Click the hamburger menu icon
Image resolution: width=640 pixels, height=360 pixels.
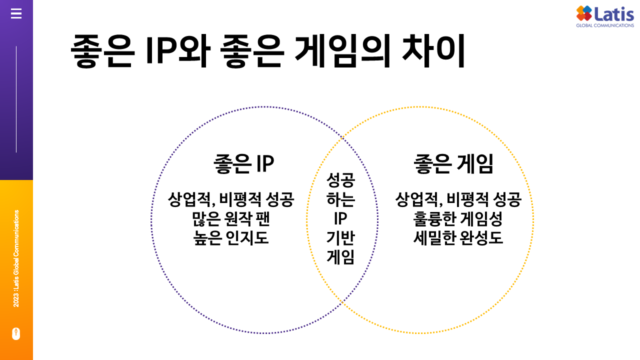16,14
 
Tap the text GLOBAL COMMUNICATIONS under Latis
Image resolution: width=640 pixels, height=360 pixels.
604,25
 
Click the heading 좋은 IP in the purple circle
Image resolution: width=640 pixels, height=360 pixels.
243,164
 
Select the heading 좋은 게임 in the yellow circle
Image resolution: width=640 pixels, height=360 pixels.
453,164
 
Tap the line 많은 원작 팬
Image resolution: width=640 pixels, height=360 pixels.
230,219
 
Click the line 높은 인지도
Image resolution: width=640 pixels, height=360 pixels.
230,237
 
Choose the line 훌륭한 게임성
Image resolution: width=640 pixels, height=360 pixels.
457,219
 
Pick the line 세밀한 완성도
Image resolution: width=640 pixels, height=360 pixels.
457,237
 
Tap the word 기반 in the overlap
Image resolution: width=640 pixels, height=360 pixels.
340,237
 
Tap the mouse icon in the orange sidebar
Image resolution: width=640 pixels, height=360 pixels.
16,333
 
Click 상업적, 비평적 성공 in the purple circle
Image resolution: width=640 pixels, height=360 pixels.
230,200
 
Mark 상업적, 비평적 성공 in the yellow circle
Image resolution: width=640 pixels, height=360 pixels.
458,200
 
